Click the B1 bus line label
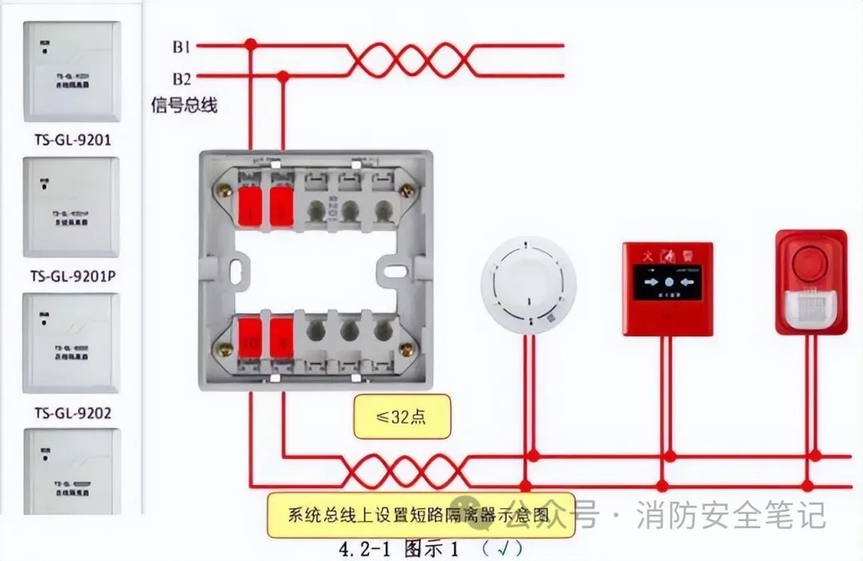[x=181, y=47]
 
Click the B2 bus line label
[x=181, y=78]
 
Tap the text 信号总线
[x=185, y=105]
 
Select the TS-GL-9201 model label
[x=71, y=140]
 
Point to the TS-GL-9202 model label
[x=72, y=413]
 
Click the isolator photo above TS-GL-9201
[x=71, y=71]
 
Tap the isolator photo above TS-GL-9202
[x=71, y=344]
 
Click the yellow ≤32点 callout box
[x=402, y=418]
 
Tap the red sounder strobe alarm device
[x=810, y=282]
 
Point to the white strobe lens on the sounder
[x=810, y=308]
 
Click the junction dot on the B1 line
[x=250, y=45]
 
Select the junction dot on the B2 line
[x=282, y=76]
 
